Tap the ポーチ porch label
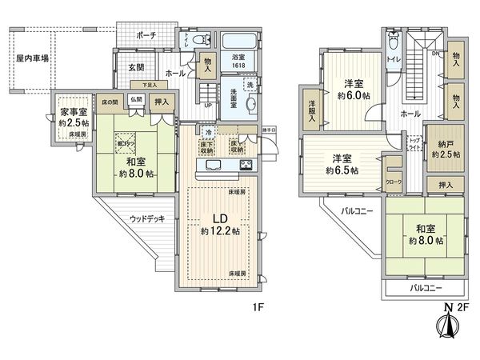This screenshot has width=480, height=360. pos(146,36)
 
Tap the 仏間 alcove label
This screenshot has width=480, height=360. pos(136,101)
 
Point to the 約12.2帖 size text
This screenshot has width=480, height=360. pos(218,233)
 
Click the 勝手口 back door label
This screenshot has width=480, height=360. pos(270,127)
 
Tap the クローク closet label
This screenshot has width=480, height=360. pos(394,182)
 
